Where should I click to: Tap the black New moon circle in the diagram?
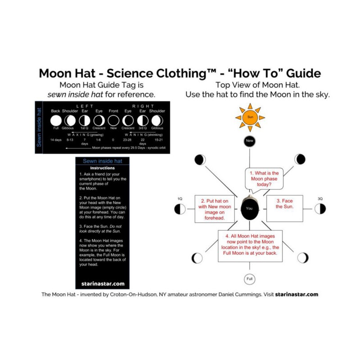click(x=250, y=141)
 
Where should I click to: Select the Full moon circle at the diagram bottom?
click(x=250, y=279)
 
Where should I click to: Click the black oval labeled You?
click(x=250, y=209)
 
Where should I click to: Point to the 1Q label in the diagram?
click(x=180, y=198)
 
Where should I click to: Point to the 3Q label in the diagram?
click(x=320, y=198)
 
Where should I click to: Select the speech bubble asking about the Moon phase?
click(x=264, y=179)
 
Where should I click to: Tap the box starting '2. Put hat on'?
click(x=216, y=209)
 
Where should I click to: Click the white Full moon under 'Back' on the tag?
click(x=56, y=121)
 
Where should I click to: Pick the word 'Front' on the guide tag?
click(x=113, y=111)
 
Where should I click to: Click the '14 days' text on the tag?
click(x=56, y=140)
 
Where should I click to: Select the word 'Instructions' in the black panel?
click(x=103, y=168)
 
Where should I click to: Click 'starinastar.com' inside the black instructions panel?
click(x=103, y=283)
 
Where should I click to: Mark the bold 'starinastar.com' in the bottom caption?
click(x=297, y=295)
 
